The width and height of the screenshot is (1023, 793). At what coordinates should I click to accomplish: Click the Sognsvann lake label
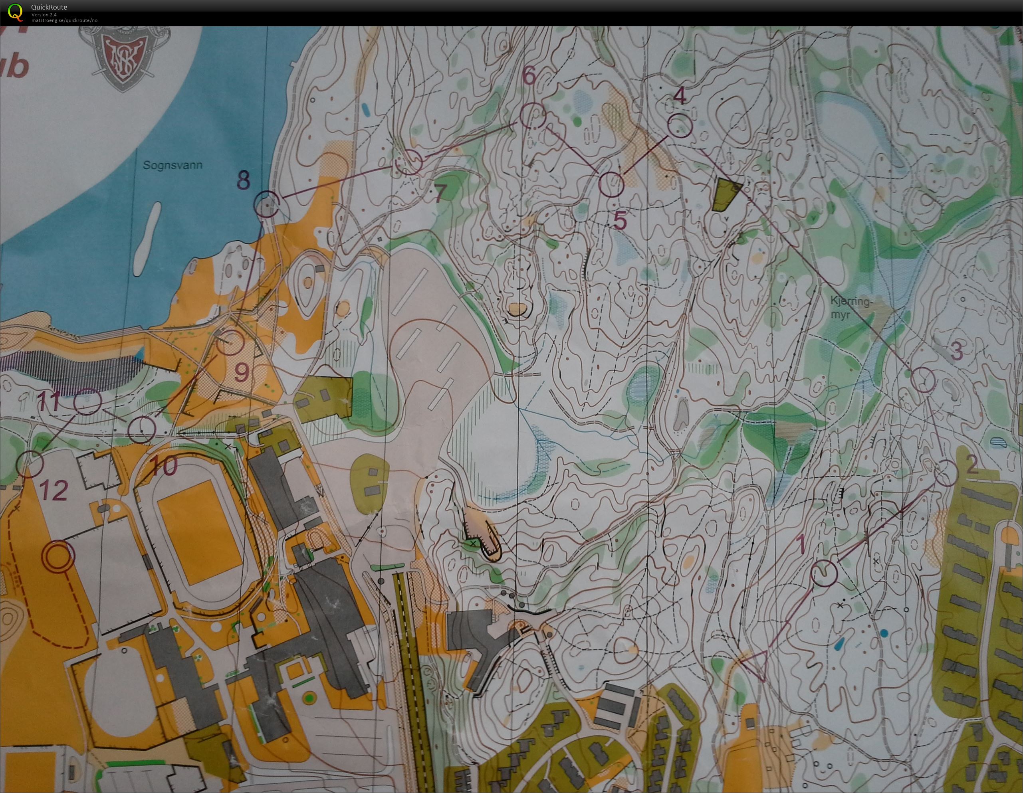[173, 165]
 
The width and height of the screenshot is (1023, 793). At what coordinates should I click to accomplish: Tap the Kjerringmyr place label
[852, 308]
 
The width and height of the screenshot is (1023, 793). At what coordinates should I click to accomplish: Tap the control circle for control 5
[611, 184]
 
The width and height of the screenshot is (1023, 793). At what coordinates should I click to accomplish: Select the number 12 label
[54, 490]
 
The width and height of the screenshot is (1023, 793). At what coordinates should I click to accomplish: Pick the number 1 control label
[801, 544]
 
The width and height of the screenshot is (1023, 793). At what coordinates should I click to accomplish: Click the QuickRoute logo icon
[16, 12]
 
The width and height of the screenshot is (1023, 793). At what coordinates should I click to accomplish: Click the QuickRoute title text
[49, 7]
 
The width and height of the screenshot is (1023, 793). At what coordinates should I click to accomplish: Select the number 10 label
[164, 465]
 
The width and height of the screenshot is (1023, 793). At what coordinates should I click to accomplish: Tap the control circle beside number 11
[87, 401]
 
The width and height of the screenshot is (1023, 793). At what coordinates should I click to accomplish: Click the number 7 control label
[438, 194]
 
